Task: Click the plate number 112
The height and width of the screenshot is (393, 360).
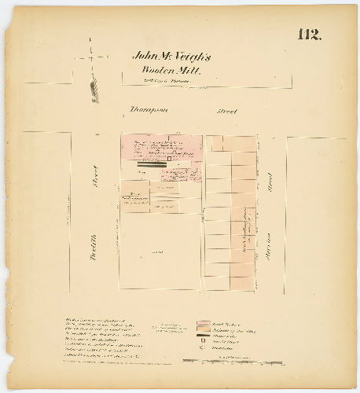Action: (309, 35)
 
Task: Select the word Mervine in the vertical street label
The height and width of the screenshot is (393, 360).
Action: (269, 240)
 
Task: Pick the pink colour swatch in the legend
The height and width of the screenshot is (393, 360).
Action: (203, 322)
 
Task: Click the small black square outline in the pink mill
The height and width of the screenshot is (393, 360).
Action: (168, 160)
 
